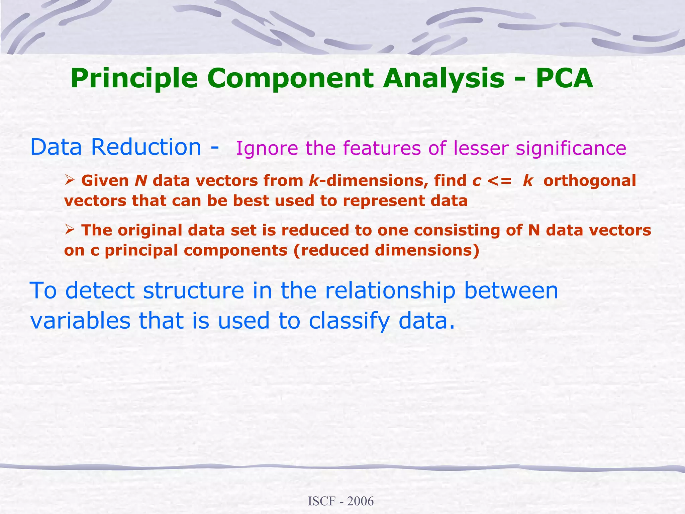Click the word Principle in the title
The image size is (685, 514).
pyautogui.click(x=134, y=79)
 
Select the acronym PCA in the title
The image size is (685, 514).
pyautogui.click(x=564, y=79)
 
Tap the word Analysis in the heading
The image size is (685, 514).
pyautogui.click(x=444, y=79)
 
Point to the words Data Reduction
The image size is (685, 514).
pyautogui.click(x=115, y=147)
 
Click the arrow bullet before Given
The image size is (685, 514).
pyautogui.click(x=69, y=181)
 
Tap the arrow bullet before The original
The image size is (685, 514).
pyautogui.click(x=69, y=230)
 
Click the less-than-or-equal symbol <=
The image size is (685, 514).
pyautogui.click(x=499, y=181)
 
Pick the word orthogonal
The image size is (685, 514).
pyautogui.click(x=589, y=181)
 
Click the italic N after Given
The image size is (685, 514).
pyautogui.click(x=141, y=181)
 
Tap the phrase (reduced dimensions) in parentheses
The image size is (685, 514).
pyautogui.click(x=386, y=250)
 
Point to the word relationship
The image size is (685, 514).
pyautogui.click(x=390, y=290)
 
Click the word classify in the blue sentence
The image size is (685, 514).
pyautogui.click(x=349, y=321)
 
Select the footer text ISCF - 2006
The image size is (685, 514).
pyautogui.click(x=340, y=501)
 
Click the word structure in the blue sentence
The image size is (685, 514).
pyautogui.click(x=194, y=290)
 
